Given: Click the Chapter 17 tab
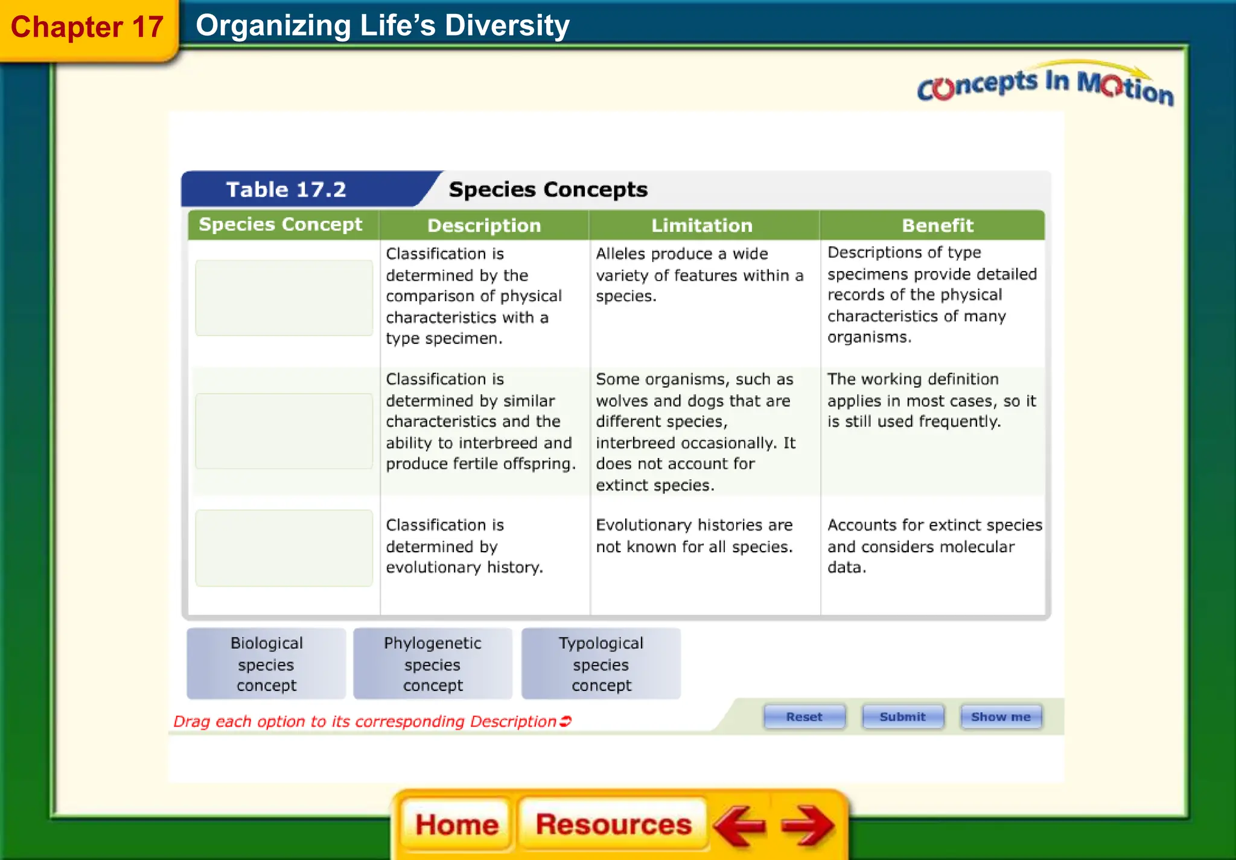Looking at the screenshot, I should pos(88,28).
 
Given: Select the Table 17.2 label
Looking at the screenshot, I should pos(286,190).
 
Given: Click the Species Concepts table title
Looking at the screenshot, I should pos(548,190).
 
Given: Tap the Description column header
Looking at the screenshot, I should pos(484,226).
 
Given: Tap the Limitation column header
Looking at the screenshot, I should pos(702,226).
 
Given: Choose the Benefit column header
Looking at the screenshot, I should pos(937,226).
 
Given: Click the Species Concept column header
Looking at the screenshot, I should pos(281,225).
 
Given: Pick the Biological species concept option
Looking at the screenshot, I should pos(266,664).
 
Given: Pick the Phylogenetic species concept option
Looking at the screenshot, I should pos(433,664).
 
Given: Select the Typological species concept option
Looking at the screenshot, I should pos(601,664).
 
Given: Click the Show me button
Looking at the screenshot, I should pos(1001,717).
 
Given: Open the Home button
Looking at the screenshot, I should pos(457,825).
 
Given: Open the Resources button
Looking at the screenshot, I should pos(613,825).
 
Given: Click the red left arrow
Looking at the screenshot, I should pos(741,826).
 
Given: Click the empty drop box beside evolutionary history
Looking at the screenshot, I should pos(284,548).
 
